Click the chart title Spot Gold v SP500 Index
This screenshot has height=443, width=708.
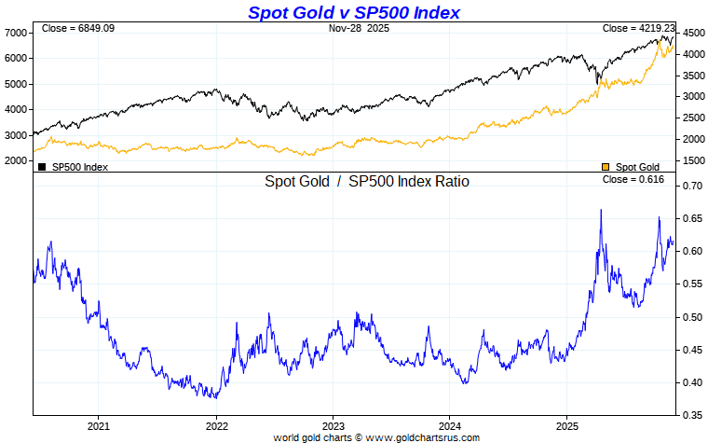coord(353,12)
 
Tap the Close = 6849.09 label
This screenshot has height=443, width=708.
coord(77,29)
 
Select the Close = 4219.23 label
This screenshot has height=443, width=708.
coord(638,29)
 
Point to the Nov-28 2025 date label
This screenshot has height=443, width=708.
coord(360,29)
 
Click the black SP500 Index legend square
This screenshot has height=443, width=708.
coord(42,167)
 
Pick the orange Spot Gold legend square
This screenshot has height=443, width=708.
coord(606,167)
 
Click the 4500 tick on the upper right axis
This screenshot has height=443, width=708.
coord(693,33)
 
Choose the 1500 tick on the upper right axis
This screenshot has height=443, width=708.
coord(693,160)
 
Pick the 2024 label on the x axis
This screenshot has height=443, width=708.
coord(449,425)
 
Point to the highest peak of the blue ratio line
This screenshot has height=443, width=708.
coord(601,210)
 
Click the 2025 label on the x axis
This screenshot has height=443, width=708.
coord(566,425)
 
